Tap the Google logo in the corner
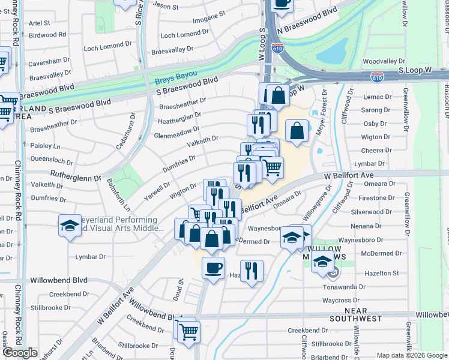tap(20, 353)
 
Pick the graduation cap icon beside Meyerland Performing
tap(70, 226)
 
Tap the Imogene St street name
tap(209, 13)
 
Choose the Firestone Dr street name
tap(376, 198)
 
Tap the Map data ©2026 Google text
tap(411, 355)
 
